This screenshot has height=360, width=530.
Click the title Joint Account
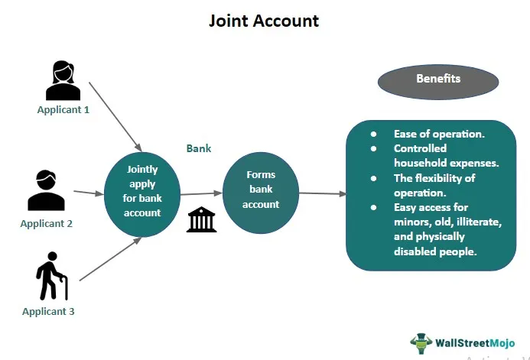tap(264, 21)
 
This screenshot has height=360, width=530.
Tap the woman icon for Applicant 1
tap(63, 81)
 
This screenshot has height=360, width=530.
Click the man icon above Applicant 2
tap(46, 191)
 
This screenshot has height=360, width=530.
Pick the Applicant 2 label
tap(47, 223)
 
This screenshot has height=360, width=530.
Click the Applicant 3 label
tap(48, 311)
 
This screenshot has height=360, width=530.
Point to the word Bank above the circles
tap(199, 148)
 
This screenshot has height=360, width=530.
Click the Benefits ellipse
tap(438, 79)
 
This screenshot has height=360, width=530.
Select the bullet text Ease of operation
tap(438, 134)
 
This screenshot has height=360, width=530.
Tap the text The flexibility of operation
tap(434, 185)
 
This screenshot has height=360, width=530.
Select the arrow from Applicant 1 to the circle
tap(115, 116)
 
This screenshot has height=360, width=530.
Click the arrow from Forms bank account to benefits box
tap(322, 193)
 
